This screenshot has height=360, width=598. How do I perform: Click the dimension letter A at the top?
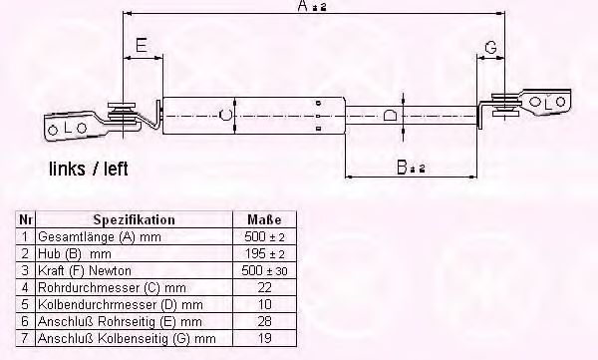(x=302, y=6)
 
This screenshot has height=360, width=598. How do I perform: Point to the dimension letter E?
(x=142, y=46)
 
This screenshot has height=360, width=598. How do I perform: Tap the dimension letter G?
(x=490, y=48)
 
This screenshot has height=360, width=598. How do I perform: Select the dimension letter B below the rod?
(x=402, y=168)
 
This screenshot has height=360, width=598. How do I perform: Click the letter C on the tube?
(x=226, y=114)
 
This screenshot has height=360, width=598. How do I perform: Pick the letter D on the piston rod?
(x=390, y=115)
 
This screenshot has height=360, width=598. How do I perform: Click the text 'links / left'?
(x=89, y=169)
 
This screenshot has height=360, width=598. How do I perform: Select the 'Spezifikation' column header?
(x=135, y=219)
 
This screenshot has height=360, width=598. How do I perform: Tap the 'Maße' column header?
(x=264, y=219)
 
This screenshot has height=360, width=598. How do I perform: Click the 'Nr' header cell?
(x=26, y=219)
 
